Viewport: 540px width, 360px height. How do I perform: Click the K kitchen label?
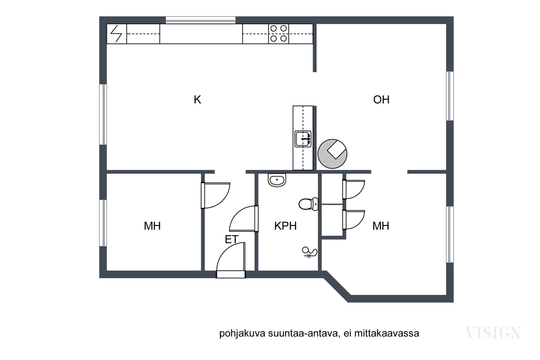(197, 100)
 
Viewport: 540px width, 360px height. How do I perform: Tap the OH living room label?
(381, 100)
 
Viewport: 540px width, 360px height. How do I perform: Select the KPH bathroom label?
(285, 226)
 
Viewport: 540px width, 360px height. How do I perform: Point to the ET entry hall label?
(232, 239)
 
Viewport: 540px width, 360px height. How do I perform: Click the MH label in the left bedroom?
(152, 226)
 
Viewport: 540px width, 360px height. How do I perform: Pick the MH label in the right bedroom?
(381, 226)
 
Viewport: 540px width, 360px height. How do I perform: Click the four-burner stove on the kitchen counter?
(278, 34)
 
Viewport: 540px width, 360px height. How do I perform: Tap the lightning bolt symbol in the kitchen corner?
(116, 34)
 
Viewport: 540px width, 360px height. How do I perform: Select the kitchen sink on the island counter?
(303, 139)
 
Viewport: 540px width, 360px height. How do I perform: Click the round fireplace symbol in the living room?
(332, 154)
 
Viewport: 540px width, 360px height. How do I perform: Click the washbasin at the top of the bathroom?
(277, 180)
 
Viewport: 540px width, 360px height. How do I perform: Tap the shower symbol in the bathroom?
(309, 252)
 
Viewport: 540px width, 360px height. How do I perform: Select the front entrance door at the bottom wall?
(231, 260)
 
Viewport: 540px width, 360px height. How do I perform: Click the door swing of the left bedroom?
(215, 195)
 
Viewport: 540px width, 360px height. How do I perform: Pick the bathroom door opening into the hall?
(244, 219)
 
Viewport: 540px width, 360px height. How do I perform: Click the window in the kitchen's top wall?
(200, 20)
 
